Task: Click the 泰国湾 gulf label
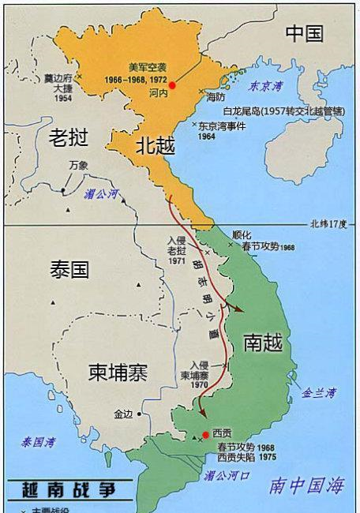38,441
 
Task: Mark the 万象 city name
78,165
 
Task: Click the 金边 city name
124,414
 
